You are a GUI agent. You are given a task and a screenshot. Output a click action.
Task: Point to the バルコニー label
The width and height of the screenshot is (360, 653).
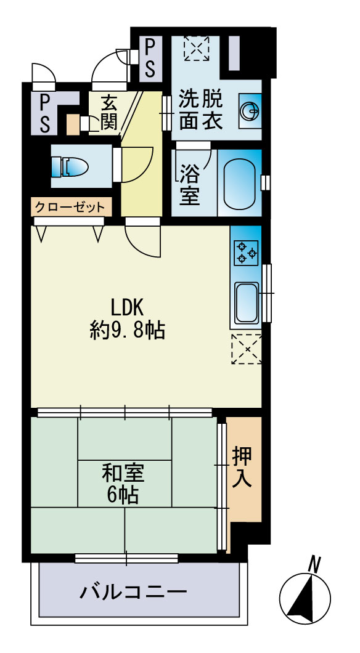click(133, 593)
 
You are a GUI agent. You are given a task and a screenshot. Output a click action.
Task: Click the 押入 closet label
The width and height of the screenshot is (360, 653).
click(242, 468)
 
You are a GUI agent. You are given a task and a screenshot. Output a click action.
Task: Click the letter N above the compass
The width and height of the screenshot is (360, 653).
click(315, 563)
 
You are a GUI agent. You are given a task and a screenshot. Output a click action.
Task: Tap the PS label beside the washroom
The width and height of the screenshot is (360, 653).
click(150, 57)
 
